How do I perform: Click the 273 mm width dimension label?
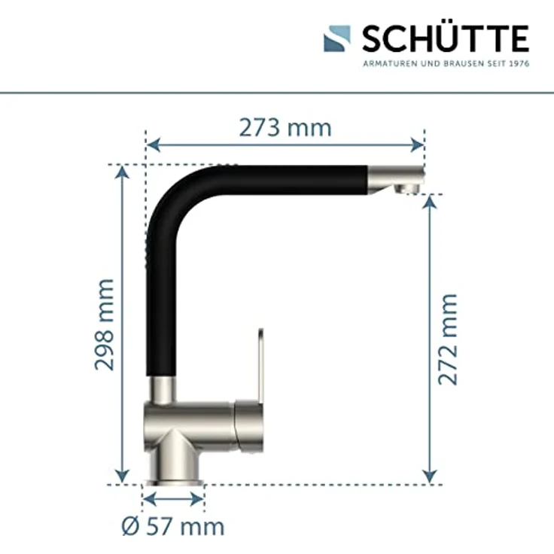pos(285,128)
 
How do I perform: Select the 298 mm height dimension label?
pos(105,324)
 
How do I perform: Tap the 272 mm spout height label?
pos(448,339)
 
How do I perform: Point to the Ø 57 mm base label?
pos(173,525)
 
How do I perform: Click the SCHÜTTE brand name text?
pos(445,38)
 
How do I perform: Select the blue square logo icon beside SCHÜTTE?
pos(337,38)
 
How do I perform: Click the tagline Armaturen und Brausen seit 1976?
pos(446,63)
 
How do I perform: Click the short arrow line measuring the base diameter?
pos(173,498)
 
